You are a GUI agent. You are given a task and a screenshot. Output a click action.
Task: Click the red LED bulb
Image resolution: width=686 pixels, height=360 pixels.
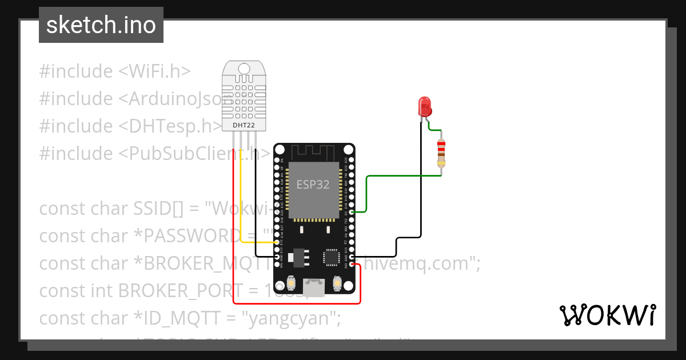[425, 106]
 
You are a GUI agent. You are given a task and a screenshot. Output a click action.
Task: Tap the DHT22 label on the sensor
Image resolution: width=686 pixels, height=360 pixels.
[244, 125]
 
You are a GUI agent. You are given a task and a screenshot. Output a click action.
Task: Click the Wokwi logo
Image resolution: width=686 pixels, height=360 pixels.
[607, 315]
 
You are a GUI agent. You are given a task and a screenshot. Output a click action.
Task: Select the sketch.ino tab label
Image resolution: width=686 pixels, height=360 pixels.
[101, 25]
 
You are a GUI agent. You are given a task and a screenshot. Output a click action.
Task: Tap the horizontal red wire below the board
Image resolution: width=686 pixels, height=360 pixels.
[297, 303]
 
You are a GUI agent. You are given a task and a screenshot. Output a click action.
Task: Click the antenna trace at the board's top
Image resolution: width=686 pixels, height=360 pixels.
[313, 151]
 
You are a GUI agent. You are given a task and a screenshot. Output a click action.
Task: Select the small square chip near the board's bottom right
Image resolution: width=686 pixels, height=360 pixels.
[332, 257]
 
